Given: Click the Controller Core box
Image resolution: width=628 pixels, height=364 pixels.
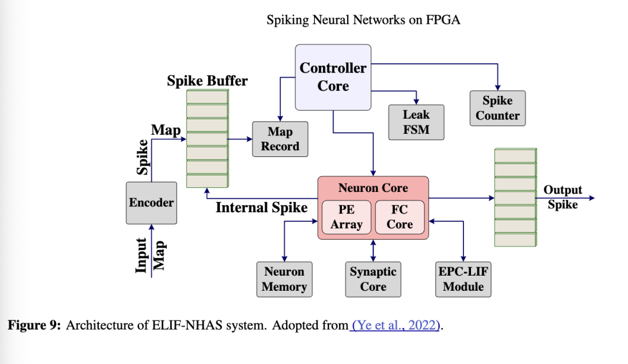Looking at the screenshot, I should pyautogui.click(x=333, y=77).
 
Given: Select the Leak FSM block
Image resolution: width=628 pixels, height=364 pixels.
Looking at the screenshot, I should pyautogui.click(x=416, y=122).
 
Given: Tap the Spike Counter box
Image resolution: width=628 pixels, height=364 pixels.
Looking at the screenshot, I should pyautogui.click(x=497, y=108).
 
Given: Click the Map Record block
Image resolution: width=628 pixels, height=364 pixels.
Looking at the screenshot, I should pyautogui.click(x=280, y=139).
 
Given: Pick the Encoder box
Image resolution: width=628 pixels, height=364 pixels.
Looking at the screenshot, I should pyautogui.click(x=151, y=202).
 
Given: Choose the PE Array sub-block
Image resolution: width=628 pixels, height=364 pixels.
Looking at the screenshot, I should pyautogui.click(x=347, y=217).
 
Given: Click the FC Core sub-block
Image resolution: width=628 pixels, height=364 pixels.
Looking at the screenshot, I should pyautogui.click(x=399, y=217).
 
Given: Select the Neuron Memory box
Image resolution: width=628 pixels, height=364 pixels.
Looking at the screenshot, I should pyautogui.click(x=284, y=279).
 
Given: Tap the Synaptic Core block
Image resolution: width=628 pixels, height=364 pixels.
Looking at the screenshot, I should pyautogui.click(x=373, y=279).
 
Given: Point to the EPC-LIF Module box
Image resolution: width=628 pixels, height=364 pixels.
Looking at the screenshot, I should pyautogui.click(x=463, y=279).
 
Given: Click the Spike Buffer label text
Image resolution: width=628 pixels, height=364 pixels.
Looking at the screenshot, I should pyautogui.click(x=207, y=81).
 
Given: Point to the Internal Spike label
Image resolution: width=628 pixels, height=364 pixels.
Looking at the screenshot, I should pyautogui.click(x=262, y=208).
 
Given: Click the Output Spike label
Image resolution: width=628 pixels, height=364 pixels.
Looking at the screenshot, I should pyautogui.click(x=562, y=197).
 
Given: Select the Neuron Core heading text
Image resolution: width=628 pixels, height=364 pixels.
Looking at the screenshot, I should pyautogui.click(x=373, y=188).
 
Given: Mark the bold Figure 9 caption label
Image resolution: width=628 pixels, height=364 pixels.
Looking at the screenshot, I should pyautogui.click(x=34, y=325).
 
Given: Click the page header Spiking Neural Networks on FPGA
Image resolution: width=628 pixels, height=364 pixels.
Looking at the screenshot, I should pyautogui.click(x=363, y=20).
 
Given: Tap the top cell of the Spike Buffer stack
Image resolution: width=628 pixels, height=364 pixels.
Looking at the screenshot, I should pyautogui.click(x=207, y=97).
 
